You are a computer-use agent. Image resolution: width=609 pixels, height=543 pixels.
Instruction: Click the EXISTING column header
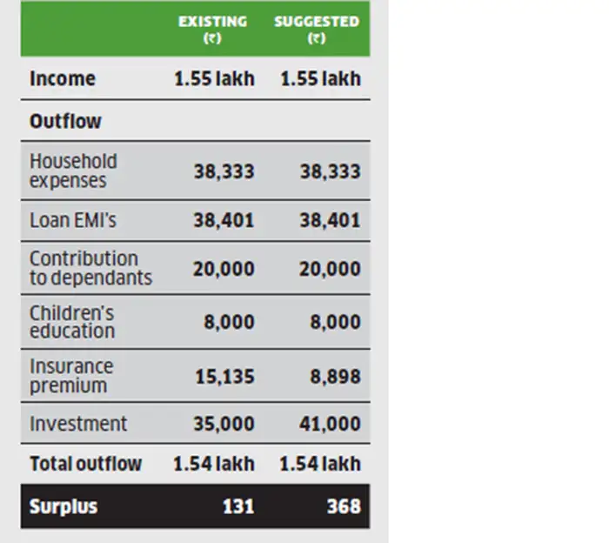(211, 29)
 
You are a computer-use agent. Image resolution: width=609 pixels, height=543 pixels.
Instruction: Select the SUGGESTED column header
(317, 29)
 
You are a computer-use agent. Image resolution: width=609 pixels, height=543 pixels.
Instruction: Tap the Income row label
(63, 78)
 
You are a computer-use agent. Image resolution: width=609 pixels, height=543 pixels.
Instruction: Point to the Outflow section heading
(65, 121)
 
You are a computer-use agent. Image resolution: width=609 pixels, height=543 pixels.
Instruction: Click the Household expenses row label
(73, 171)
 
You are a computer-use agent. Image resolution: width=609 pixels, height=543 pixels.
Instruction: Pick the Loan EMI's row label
(73, 221)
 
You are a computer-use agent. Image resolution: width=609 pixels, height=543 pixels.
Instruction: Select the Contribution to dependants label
(90, 268)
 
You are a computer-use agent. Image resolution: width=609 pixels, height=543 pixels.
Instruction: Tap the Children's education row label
(72, 322)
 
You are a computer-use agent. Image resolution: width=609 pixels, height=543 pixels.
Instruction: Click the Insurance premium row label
(71, 376)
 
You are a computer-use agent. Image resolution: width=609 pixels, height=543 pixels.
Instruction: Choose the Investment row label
(78, 424)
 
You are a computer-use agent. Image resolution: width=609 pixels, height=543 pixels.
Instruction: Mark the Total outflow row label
(85, 464)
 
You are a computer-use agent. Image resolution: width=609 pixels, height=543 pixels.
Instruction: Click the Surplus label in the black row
(64, 506)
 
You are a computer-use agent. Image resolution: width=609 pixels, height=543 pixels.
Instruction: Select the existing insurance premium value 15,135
(224, 376)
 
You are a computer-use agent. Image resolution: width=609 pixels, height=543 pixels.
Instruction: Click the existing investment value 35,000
(224, 424)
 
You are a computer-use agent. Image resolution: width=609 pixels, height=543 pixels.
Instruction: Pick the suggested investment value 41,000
(330, 424)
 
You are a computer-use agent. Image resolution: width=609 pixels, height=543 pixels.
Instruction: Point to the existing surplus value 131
(238, 506)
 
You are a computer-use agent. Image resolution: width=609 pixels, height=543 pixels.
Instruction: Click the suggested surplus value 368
(343, 506)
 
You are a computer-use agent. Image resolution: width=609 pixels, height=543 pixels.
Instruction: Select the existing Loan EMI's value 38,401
(224, 221)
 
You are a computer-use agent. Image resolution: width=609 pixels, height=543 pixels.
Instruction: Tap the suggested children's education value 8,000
(335, 322)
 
